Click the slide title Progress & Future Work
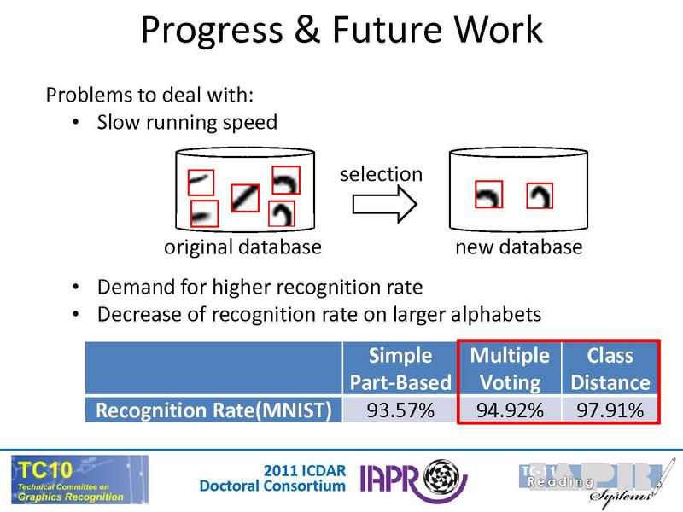[x=341, y=31]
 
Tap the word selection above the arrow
[x=382, y=174]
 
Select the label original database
[x=242, y=247]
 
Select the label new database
[x=518, y=247]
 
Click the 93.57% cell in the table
[x=400, y=410]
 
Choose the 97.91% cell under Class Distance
[x=610, y=410]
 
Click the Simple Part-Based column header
[x=400, y=369]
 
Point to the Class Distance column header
[x=610, y=369]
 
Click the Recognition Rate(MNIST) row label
[x=213, y=410]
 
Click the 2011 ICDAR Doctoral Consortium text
[x=273, y=478]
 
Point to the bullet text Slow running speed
[x=187, y=122]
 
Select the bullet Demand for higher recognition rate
[x=260, y=286]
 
